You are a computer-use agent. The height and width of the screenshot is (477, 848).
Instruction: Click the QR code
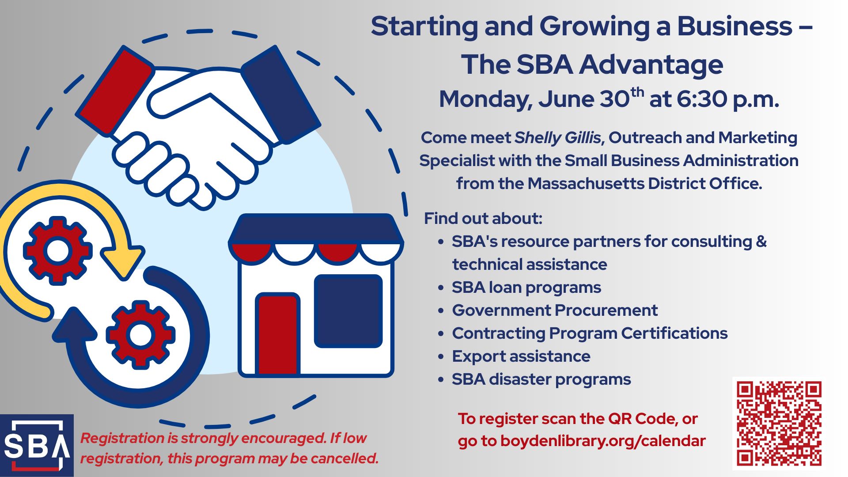tap(779, 423)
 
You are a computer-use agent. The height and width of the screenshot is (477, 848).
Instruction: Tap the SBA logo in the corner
tap(37, 445)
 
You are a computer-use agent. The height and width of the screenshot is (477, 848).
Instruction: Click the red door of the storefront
tap(278, 335)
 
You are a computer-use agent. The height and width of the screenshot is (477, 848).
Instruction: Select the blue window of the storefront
tap(348, 311)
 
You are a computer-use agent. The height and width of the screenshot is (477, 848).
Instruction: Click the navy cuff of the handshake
tap(281, 95)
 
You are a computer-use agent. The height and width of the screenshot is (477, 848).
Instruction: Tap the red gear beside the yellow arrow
tap(58, 250)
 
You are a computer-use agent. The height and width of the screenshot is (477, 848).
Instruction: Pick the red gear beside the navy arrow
tap(140, 335)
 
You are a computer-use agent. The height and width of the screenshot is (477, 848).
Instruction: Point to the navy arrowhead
tap(75, 325)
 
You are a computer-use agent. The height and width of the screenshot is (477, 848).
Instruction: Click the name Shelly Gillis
tap(558, 138)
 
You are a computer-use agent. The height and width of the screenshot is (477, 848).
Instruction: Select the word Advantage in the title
tap(651, 65)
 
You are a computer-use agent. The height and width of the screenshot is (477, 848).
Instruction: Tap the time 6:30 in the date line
tap(702, 99)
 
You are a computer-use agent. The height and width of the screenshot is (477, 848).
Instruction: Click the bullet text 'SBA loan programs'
tap(526, 288)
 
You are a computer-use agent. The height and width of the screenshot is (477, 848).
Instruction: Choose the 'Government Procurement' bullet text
tap(555, 310)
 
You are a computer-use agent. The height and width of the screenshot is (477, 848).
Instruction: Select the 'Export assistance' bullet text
tap(521, 356)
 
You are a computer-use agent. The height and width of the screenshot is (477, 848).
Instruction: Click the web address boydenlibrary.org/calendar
tap(603, 441)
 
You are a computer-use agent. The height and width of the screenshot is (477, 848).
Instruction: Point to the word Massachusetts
tap(586, 184)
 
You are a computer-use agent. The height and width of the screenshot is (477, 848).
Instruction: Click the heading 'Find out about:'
tap(483, 219)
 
